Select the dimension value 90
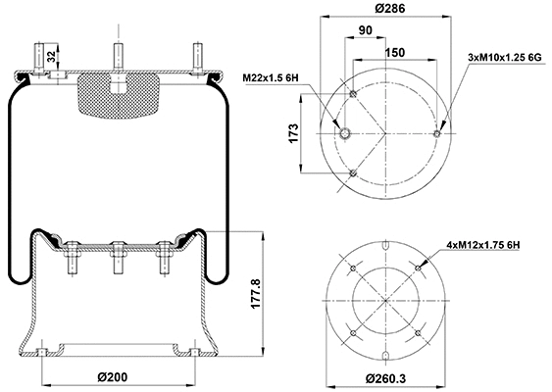(x=365, y=29)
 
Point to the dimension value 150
(x=395, y=51)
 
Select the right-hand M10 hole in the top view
(x=436, y=134)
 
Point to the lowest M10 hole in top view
(x=353, y=174)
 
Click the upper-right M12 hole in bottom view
(x=420, y=267)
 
